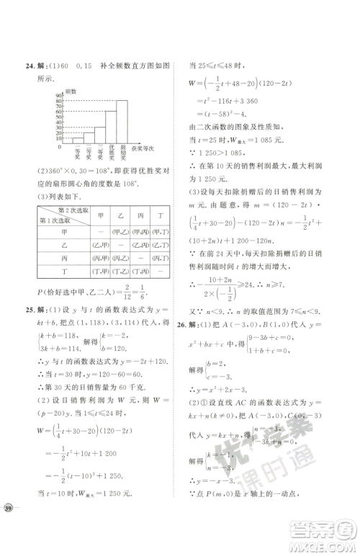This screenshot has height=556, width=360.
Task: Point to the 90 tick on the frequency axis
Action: click(59, 97)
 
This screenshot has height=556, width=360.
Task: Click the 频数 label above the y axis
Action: click(71, 91)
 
